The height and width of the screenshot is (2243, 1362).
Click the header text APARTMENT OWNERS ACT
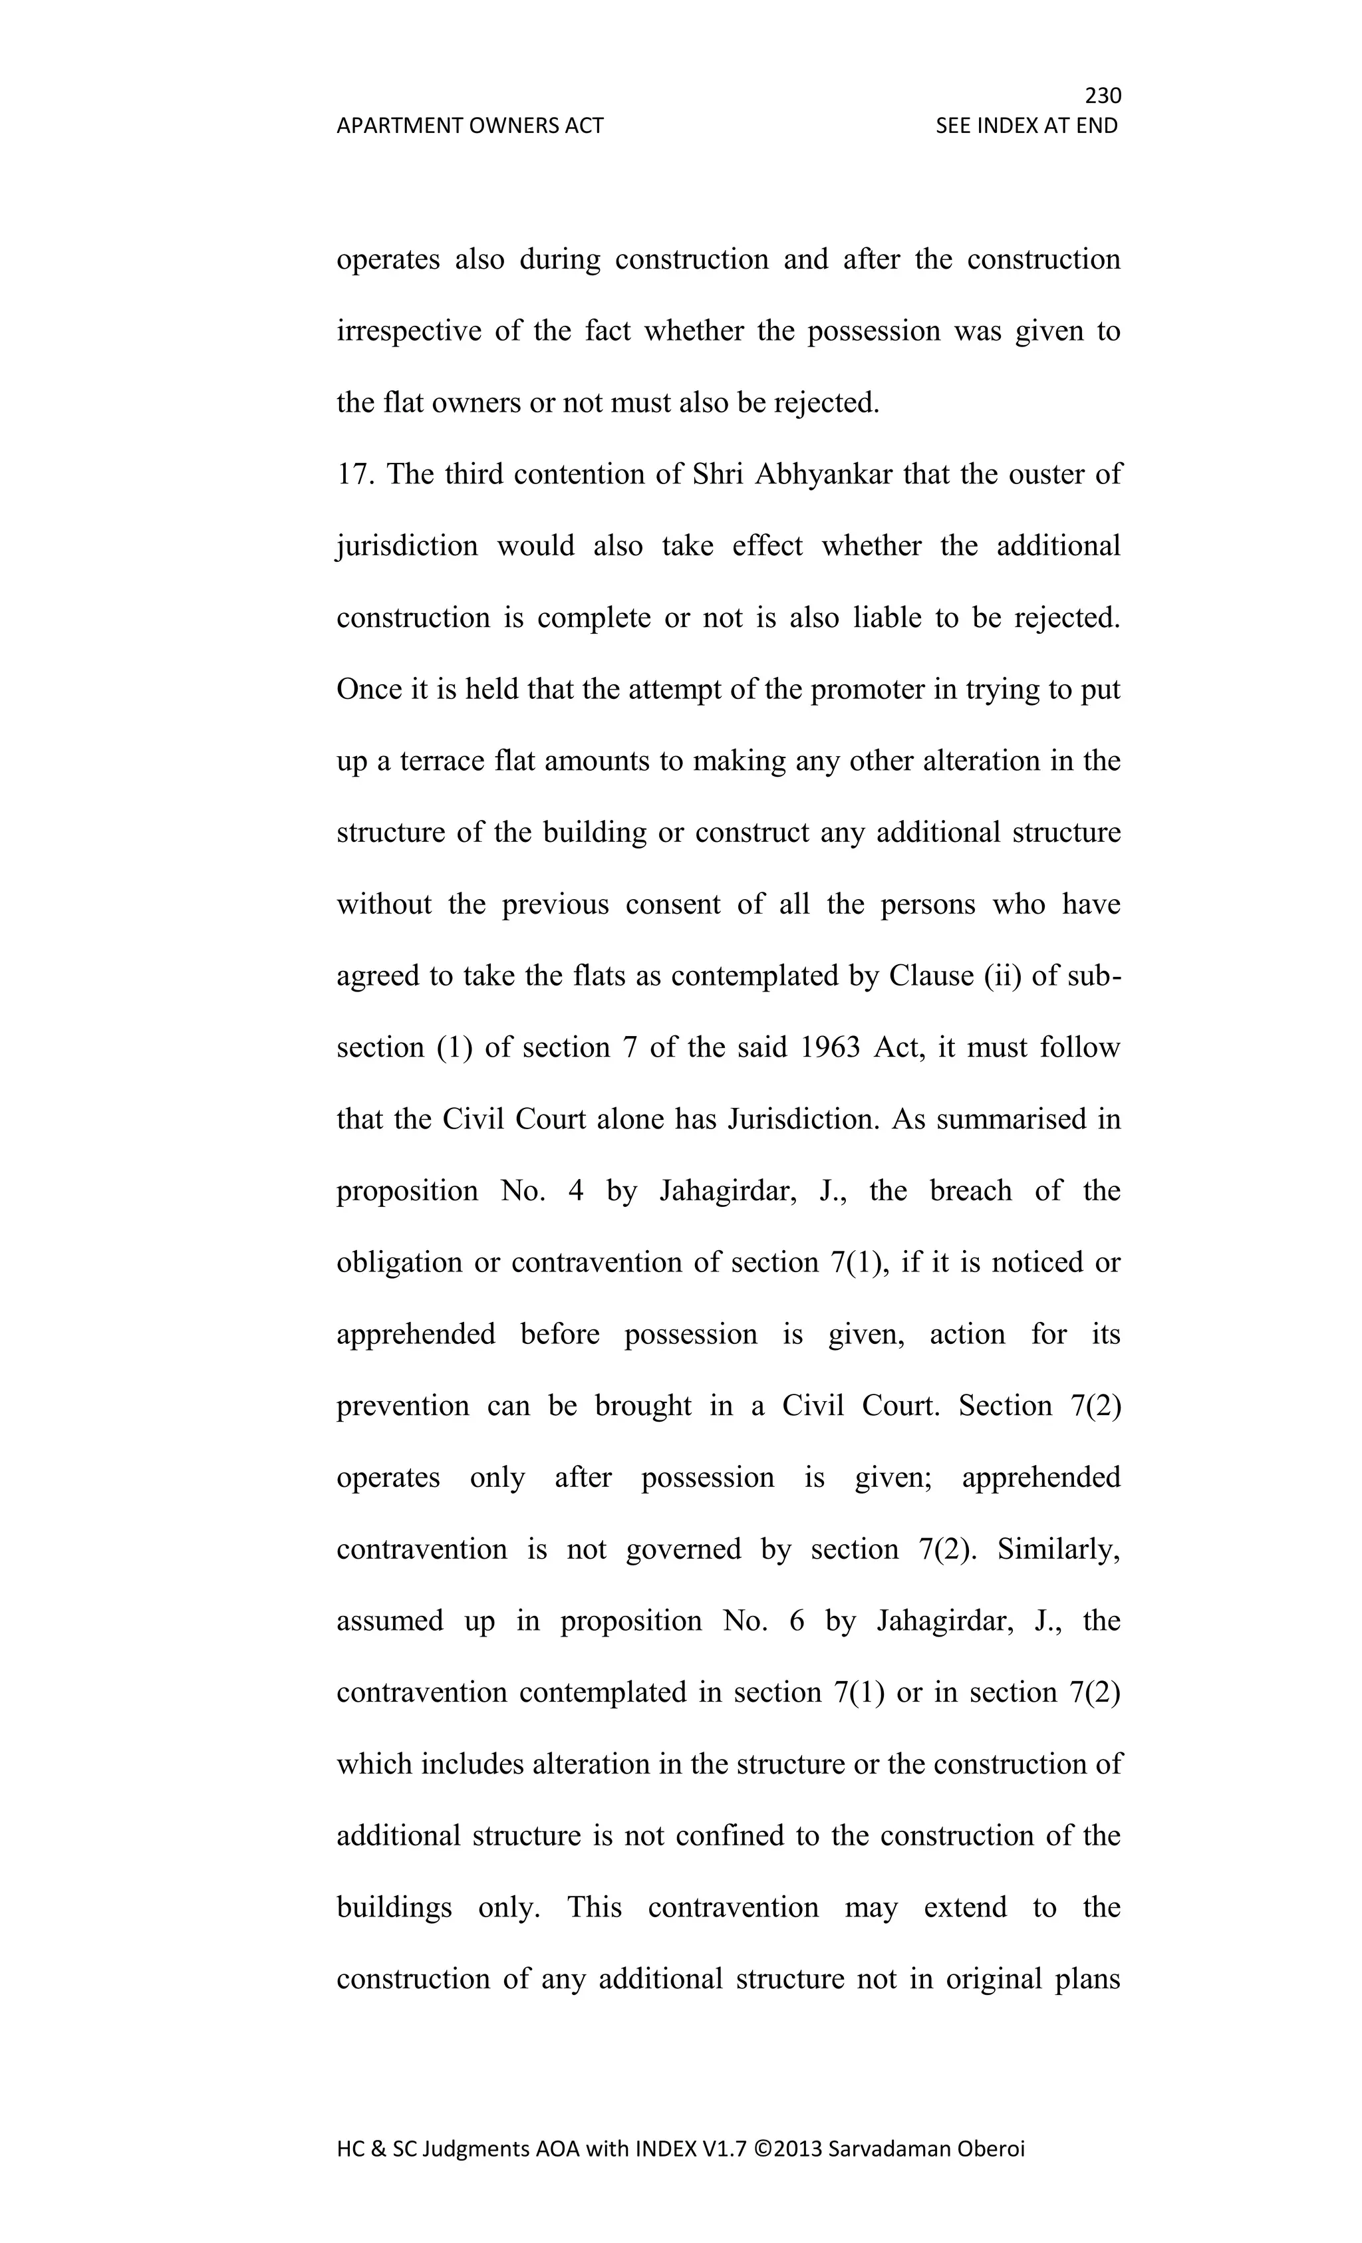(470, 126)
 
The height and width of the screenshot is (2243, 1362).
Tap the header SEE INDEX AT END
(1026, 126)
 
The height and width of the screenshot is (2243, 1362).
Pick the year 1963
(829, 1047)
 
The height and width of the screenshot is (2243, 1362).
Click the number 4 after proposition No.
(575, 1191)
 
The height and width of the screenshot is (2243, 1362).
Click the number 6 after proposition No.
(797, 1621)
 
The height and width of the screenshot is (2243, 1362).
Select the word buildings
(394, 1907)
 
